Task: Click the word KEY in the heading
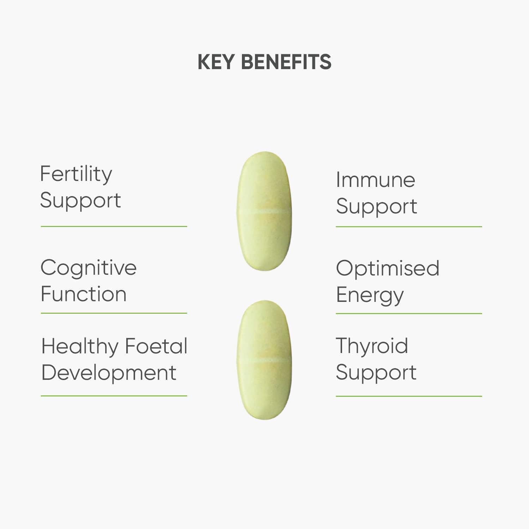pyautogui.click(x=216, y=62)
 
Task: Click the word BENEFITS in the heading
pyautogui.click(x=286, y=62)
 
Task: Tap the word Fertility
pyautogui.click(x=76, y=174)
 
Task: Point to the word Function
pyautogui.click(x=84, y=294)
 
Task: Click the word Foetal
pyautogui.click(x=156, y=346)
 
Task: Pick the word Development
pyautogui.click(x=109, y=373)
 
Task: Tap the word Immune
pyautogui.click(x=376, y=180)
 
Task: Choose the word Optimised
pyautogui.click(x=388, y=268)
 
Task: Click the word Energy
pyautogui.click(x=370, y=296)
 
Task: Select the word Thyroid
pyautogui.click(x=372, y=346)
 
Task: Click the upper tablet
pyautogui.click(x=264, y=183)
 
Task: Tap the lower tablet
pyautogui.click(x=264, y=388)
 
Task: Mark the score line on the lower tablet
pyautogui.click(x=264, y=360)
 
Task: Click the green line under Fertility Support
pyautogui.click(x=114, y=226)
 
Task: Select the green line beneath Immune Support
pyautogui.click(x=409, y=227)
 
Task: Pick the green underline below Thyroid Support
pyautogui.click(x=409, y=396)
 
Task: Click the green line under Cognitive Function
pyautogui.click(x=114, y=313)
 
